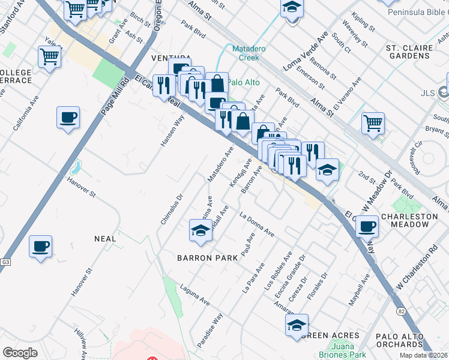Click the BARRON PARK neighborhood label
click(x=207, y=257)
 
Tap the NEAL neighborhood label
click(x=104, y=238)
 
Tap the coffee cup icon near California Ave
click(x=68, y=116)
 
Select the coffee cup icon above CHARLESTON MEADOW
click(x=367, y=226)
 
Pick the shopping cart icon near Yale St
click(x=50, y=56)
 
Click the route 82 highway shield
click(x=400, y=311)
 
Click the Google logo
click(x=20, y=352)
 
